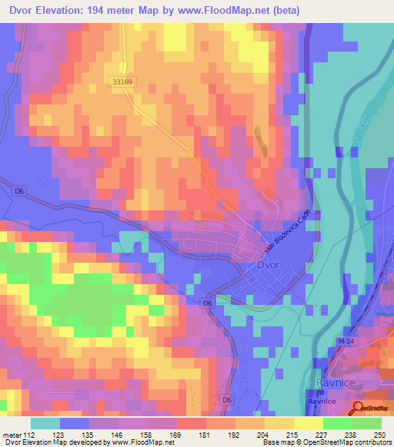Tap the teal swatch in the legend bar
pos(45,423)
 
